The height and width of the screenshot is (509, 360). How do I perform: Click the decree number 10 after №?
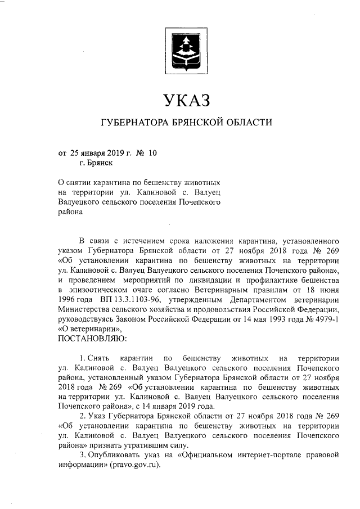click(153, 152)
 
